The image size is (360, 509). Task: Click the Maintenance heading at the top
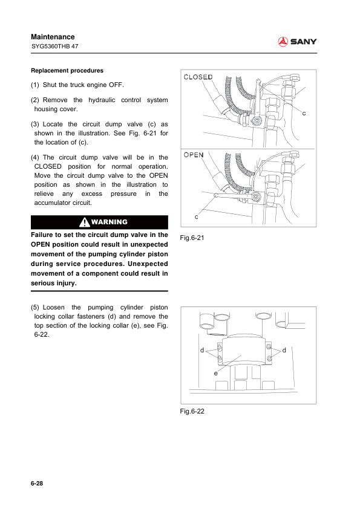pos(53,37)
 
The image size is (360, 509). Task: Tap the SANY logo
pos(297,42)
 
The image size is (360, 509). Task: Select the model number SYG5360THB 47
pos(55,46)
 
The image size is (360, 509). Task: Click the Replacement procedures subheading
pos(67,71)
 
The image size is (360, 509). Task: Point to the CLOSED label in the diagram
pos(198,77)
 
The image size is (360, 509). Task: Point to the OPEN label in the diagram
pos(194,155)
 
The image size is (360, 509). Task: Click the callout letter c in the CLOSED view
pos(304,113)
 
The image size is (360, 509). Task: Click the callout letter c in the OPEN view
pos(196,216)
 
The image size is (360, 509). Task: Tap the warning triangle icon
pos(85,222)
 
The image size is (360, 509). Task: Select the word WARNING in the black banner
pos(110,222)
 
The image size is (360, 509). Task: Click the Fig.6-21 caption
pos(192,238)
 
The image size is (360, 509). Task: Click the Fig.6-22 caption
pos(192,411)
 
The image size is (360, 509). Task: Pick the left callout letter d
pos(202,350)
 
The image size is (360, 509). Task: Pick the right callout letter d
pos(284,350)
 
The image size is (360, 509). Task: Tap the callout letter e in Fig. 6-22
pos(216,374)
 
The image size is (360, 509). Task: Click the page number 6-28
pos(37,484)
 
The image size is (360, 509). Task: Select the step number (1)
pos(34,85)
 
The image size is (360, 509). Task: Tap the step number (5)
pos(34,308)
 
